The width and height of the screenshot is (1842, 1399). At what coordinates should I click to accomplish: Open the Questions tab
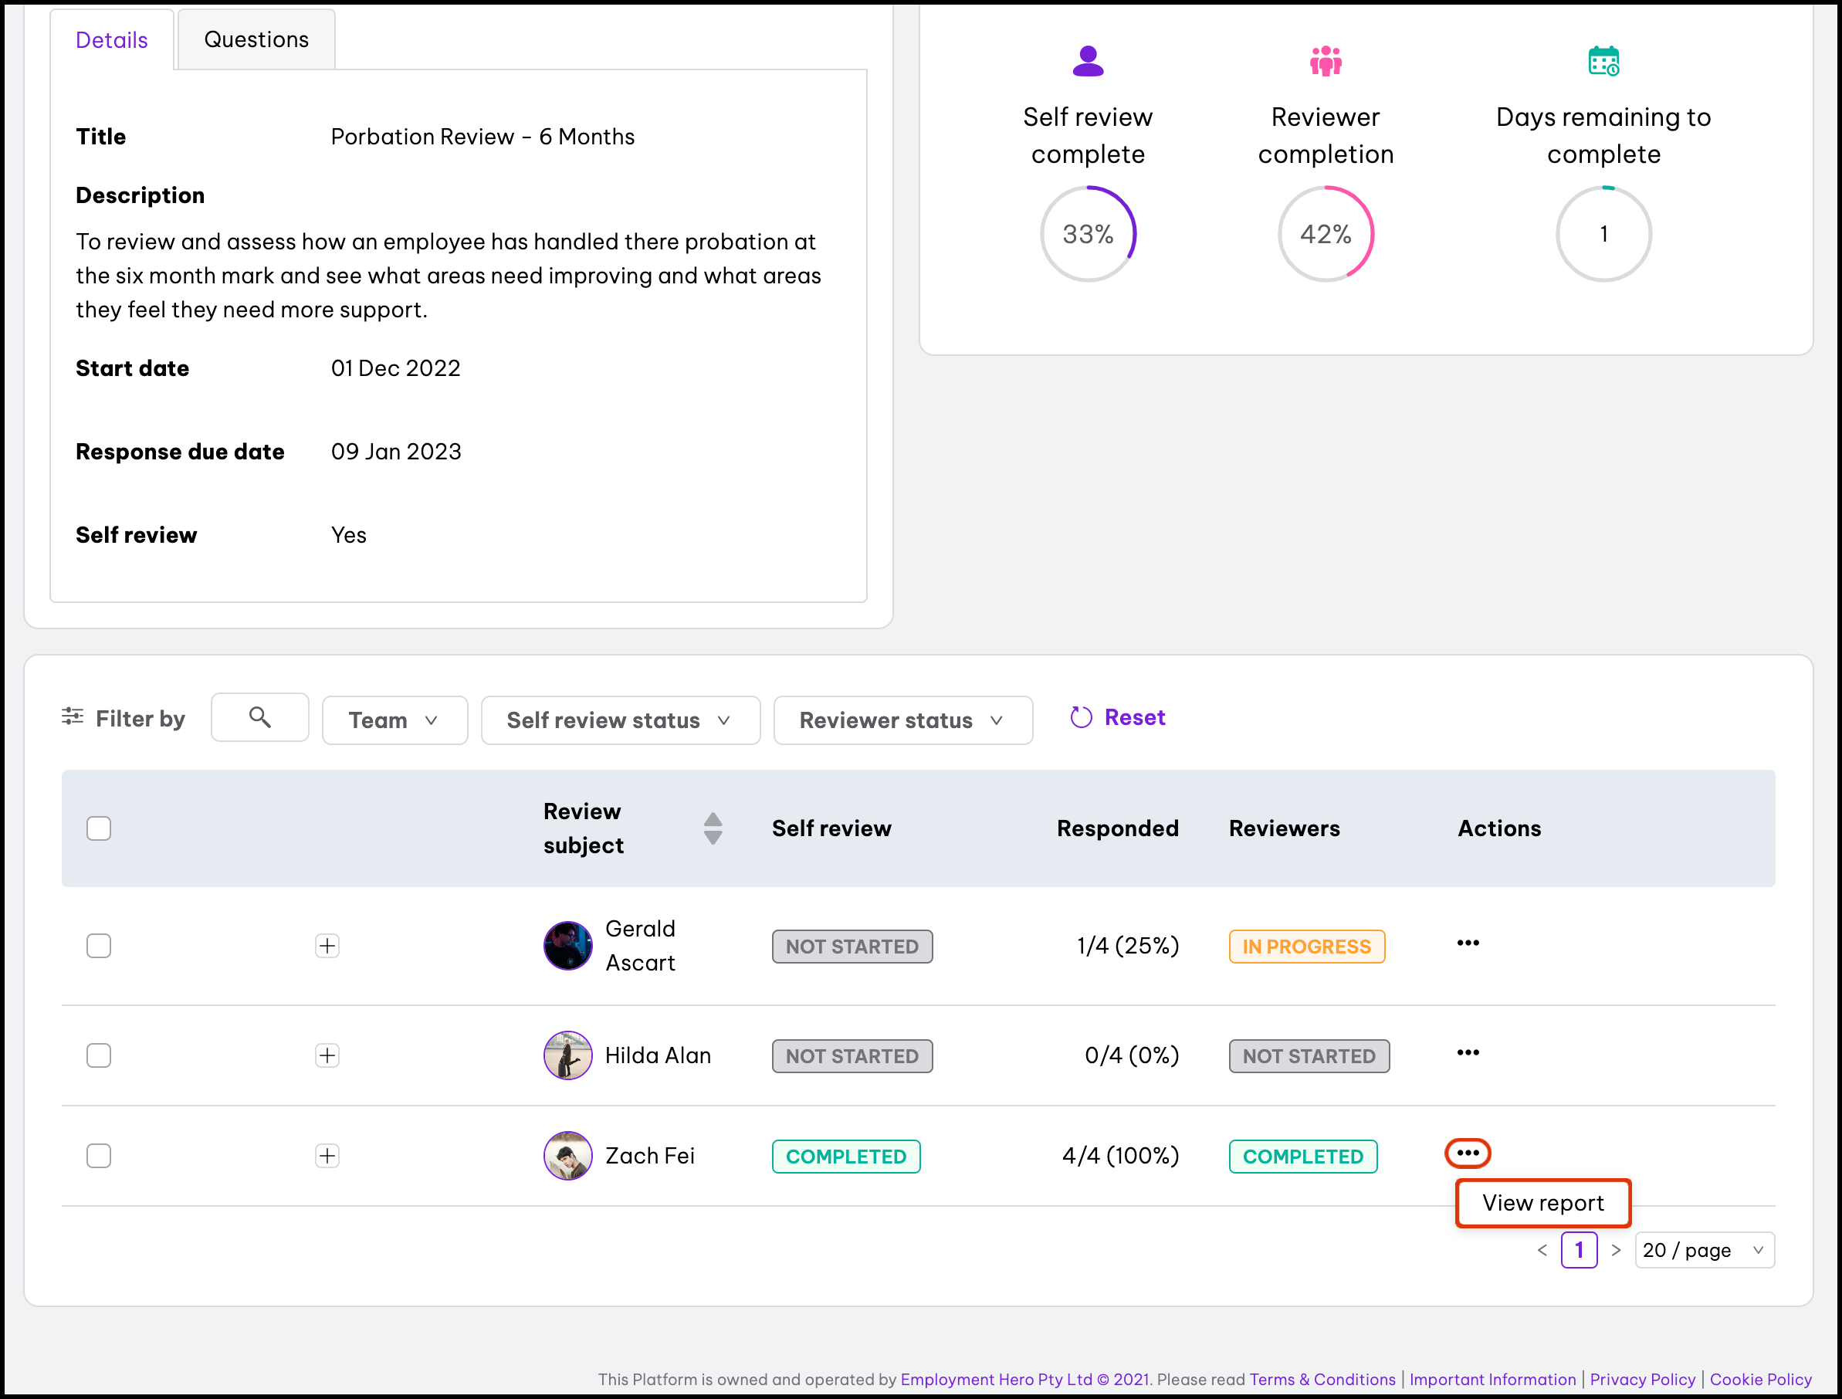[256, 40]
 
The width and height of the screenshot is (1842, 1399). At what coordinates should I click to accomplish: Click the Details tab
[112, 40]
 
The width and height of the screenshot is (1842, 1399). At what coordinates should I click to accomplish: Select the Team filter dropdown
[394, 720]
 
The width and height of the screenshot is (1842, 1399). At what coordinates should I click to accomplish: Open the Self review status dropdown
[620, 720]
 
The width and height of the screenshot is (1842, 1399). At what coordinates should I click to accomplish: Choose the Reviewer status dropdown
[902, 720]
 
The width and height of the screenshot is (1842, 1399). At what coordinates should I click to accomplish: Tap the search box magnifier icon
[260, 718]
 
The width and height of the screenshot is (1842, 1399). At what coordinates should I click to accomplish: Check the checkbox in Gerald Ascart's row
[99, 946]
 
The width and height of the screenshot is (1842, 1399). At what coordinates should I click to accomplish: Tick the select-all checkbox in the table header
[99, 828]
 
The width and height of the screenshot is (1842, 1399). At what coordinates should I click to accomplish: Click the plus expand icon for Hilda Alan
[327, 1056]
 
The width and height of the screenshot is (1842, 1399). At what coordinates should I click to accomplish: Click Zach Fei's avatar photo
[568, 1156]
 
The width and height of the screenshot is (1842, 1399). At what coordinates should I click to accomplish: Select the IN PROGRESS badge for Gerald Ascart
[1305, 947]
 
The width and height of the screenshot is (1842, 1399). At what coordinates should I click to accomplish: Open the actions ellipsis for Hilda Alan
[1468, 1053]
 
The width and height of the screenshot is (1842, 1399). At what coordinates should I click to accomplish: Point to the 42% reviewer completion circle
[1326, 234]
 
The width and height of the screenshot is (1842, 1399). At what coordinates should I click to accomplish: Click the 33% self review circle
[1088, 234]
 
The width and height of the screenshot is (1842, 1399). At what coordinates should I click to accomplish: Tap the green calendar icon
[1603, 62]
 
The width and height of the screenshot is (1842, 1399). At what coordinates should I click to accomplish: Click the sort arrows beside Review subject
[713, 828]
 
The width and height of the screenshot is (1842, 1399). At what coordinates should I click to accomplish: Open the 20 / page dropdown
[1704, 1251]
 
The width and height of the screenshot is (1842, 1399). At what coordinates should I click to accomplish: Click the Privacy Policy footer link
[1642, 1380]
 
